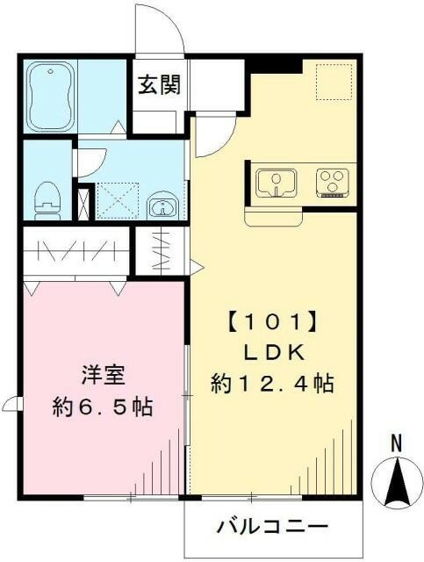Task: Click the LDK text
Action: coord(274,353)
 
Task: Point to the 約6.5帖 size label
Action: coord(101,407)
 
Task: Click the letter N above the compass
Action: coord(396,445)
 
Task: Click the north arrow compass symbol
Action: coord(396,484)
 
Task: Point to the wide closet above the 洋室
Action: coord(75,251)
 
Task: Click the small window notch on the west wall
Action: coord(11,404)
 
